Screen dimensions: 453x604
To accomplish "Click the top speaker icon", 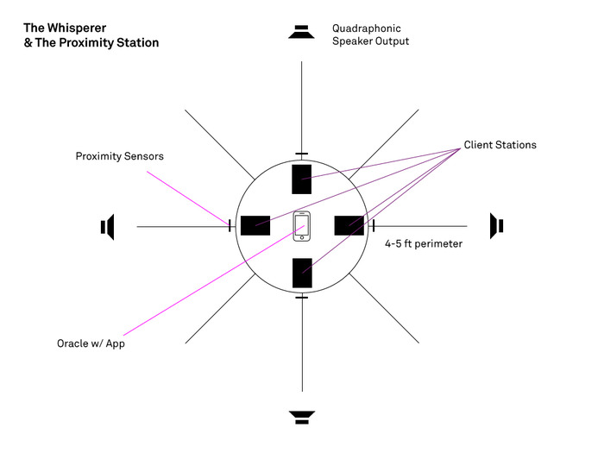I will click(x=301, y=32).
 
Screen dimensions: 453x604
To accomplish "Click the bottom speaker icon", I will click(x=301, y=418).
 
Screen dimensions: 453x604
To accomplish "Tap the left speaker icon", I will click(x=108, y=227).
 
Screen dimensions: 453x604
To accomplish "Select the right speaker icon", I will click(x=496, y=225).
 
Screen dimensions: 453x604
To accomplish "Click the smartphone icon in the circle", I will click(x=302, y=226).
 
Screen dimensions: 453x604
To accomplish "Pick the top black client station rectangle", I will click(x=301, y=179).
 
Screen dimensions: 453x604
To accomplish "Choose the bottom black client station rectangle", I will click(x=302, y=273).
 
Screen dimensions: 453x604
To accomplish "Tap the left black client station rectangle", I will click(x=255, y=225).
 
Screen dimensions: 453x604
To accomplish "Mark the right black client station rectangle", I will click(x=349, y=225).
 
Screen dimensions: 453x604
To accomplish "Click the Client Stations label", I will click(x=500, y=145).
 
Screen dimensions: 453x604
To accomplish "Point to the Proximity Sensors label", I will click(x=119, y=156).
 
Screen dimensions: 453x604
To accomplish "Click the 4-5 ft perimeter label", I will click(x=424, y=244).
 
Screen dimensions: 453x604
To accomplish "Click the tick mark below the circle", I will click(x=301, y=298).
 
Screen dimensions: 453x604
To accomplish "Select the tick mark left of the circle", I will click(x=230, y=226).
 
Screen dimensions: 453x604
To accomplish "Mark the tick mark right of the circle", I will click(x=374, y=226).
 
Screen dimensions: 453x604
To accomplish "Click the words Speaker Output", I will click(x=370, y=41).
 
